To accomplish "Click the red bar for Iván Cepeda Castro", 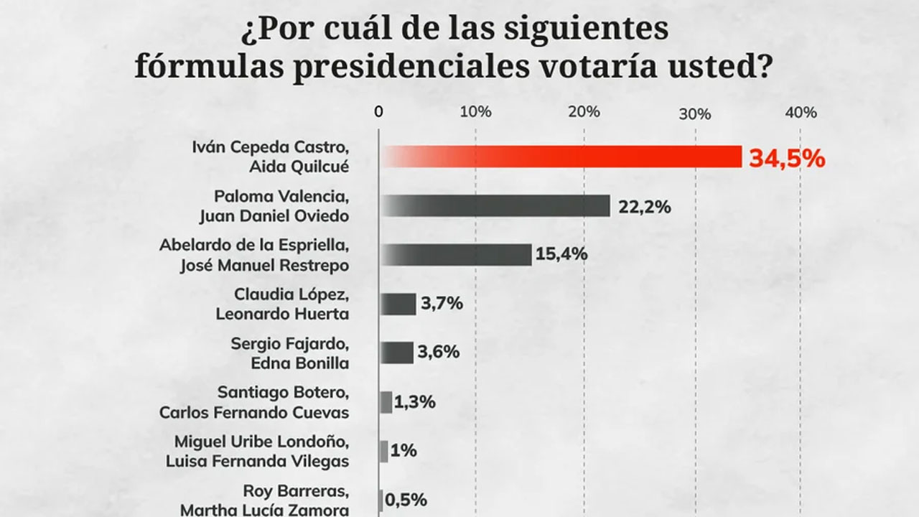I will point(560,157).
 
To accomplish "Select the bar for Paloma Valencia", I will point(495,206).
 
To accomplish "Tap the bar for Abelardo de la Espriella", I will point(456,255).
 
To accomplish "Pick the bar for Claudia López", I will point(398,304).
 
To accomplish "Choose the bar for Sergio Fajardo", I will point(397,353).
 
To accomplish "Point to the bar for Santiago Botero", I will point(386,402).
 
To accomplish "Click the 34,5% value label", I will point(787,159).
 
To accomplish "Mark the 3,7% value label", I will point(442,303).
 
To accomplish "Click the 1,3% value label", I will point(415,402).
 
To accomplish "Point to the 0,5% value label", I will point(407,500).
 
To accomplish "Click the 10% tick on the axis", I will point(475,112).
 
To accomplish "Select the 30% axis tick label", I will point(695,113).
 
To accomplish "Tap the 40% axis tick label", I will point(801,112).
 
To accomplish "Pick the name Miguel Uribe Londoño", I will point(262,442).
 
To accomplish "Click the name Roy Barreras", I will point(296,491).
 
